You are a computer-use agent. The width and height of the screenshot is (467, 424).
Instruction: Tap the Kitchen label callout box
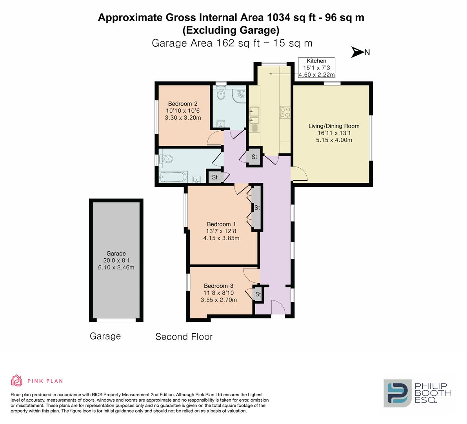click(x=316, y=68)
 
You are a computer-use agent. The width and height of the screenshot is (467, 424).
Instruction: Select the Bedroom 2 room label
click(x=183, y=111)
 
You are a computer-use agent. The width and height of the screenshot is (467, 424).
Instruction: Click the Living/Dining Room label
click(x=334, y=133)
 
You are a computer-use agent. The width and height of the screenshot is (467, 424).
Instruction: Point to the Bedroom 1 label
click(x=221, y=231)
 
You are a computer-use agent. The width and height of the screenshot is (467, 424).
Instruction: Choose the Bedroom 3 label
click(x=218, y=292)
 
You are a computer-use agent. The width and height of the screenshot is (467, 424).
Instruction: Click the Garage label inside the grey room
click(x=116, y=260)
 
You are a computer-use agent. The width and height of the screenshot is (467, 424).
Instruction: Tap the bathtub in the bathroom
click(x=173, y=177)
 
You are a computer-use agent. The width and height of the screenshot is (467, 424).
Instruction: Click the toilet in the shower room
click(x=221, y=93)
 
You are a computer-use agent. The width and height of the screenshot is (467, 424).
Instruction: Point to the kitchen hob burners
click(x=284, y=112)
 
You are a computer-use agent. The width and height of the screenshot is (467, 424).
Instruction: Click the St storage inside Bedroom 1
click(x=257, y=208)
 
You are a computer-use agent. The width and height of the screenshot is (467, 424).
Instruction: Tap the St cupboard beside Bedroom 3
click(x=258, y=294)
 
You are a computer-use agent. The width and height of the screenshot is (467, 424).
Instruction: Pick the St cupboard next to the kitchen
click(x=254, y=157)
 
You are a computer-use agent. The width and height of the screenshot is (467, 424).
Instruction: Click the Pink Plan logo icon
click(x=17, y=380)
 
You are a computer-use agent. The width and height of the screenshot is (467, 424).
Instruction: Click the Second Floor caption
click(x=184, y=336)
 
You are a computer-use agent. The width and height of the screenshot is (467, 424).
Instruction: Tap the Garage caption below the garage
click(x=105, y=336)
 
